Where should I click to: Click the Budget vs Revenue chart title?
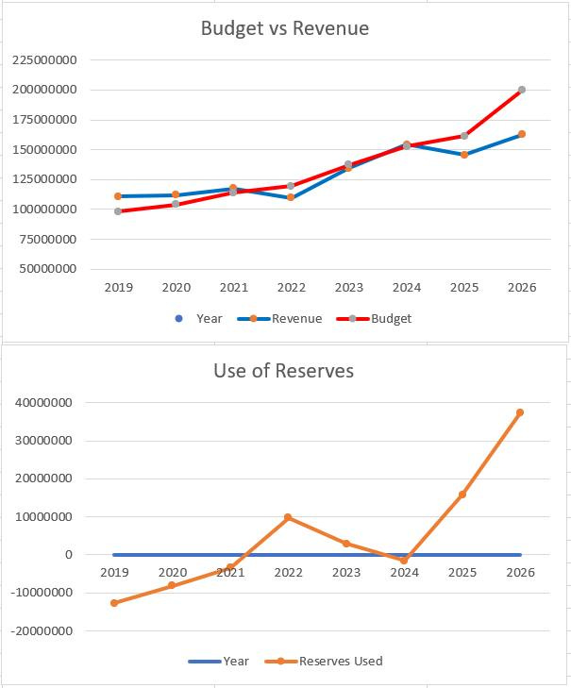point(284,28)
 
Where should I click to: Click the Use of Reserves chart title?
point(283,371)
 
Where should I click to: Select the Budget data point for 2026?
point(521,90)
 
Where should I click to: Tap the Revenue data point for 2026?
point(521,134)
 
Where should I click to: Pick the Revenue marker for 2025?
point(463,155)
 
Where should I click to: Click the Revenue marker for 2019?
point(118,196)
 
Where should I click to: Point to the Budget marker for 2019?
point(118,211)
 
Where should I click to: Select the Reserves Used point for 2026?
point(520,412)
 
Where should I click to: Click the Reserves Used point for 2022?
point(288,517)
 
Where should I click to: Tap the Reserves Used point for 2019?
point(114,603)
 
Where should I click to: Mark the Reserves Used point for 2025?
point(462,495)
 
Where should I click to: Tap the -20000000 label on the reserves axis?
point(43,630)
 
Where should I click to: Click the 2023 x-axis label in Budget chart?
point(348,287)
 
